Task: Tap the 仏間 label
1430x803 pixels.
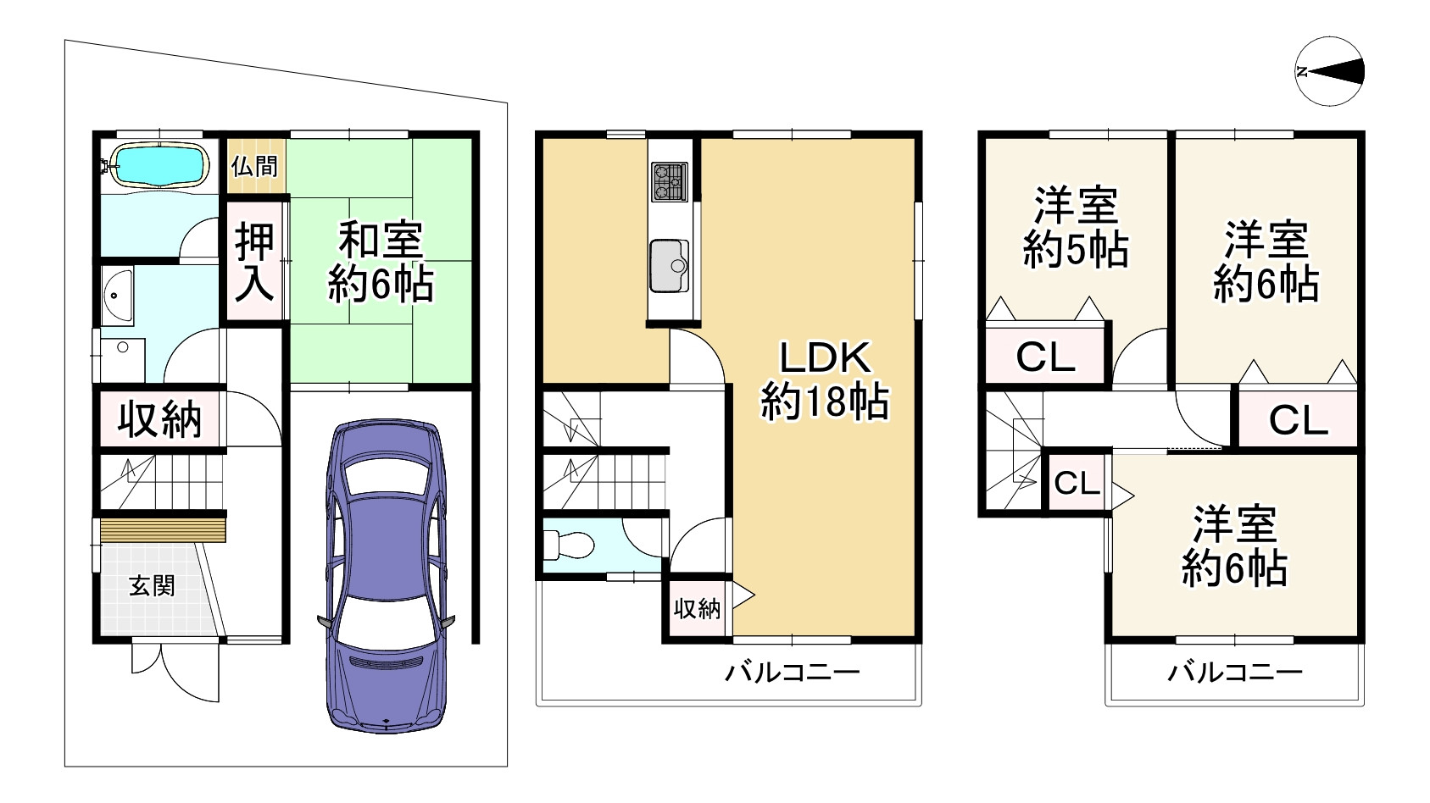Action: click(254, 165)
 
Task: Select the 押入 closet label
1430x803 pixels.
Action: click(254, 263)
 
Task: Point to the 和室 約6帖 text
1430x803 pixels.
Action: click(381, 263)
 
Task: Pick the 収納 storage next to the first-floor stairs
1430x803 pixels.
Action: click(159, 418)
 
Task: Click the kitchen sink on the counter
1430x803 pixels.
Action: click(670, 264)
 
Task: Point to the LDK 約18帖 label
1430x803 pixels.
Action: click(824, 381)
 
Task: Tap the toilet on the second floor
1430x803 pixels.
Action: click(566, 545)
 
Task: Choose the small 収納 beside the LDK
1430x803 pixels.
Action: click(697, 608)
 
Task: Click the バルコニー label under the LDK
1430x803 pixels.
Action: click(792, 674)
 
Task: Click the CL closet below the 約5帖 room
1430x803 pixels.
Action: click(1045, 357)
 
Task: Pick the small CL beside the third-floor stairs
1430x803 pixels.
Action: click(1077, 484)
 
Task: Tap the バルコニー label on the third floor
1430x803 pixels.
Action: click(1235, 674)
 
